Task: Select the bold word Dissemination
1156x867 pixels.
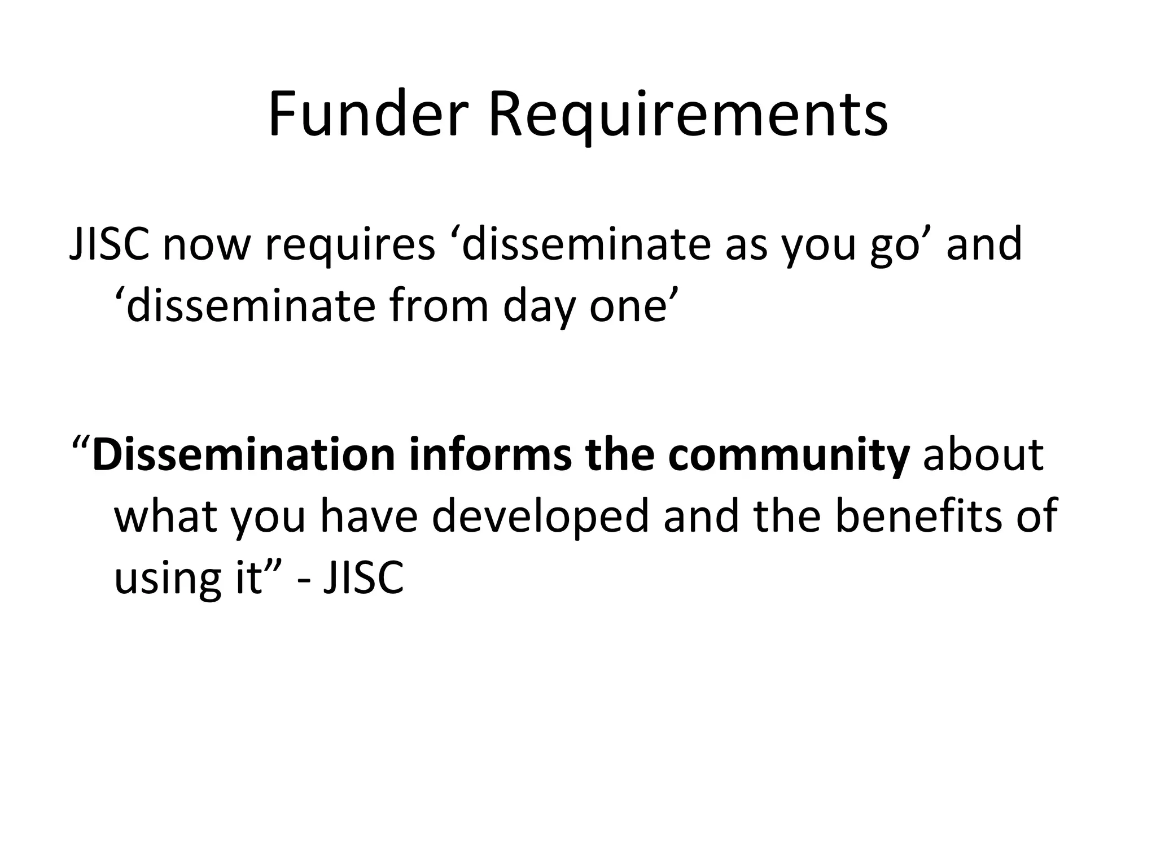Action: point(243,454)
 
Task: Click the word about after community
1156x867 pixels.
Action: point(983,454)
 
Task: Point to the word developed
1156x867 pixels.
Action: point(541,516)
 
